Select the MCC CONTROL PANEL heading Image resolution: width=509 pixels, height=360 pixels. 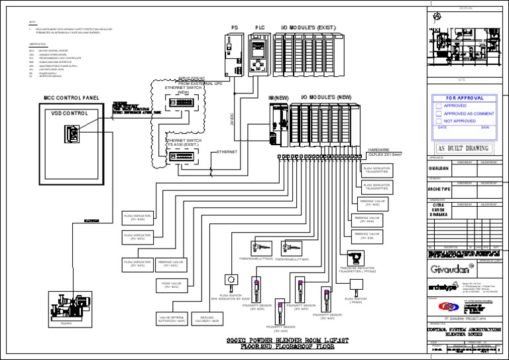pos(71,97)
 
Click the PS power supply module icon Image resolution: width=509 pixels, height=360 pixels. pos(233,53)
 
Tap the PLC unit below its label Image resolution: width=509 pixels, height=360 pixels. pos(257,52)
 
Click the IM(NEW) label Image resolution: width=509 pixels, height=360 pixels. pos(278,97)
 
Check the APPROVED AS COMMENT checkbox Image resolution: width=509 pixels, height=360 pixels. pos(439,113)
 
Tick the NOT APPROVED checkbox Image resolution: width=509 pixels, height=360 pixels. pos(439,121)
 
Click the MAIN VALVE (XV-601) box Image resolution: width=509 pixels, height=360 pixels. pos(170,285)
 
